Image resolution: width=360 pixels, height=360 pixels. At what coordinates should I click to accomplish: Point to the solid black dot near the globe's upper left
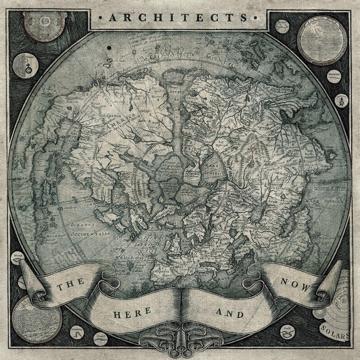click(109, 48)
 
